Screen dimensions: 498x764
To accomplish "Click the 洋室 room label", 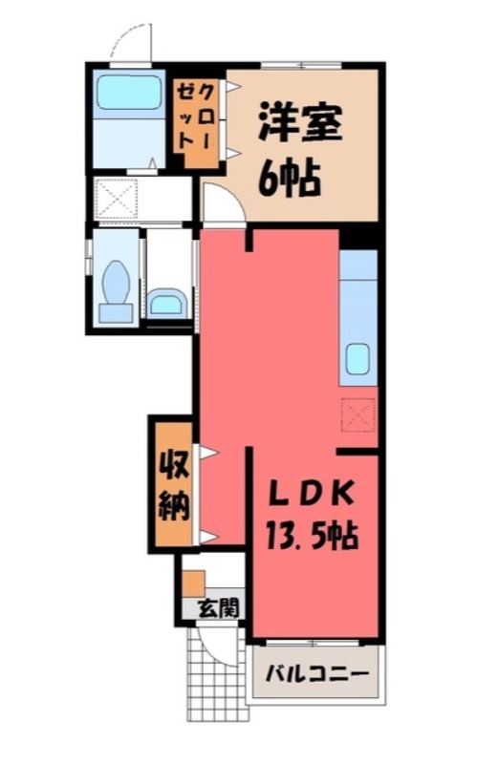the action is tap(299, 122).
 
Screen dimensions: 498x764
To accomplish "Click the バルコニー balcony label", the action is tap(317, 674).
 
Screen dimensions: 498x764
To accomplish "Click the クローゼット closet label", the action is tap(195, 117).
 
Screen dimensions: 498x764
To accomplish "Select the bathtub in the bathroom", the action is tap(129, 93).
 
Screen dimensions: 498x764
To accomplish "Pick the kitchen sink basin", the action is tap(358, 358).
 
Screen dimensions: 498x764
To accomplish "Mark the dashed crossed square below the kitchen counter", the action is tap(358, 415).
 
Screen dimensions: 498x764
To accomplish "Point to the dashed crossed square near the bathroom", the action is tap(116, 198).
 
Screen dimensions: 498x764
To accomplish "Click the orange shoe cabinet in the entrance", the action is tap(194, 583).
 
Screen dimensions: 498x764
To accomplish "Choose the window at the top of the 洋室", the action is tap(300, 65).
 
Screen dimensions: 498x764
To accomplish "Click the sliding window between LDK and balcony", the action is tap(314, 643).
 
